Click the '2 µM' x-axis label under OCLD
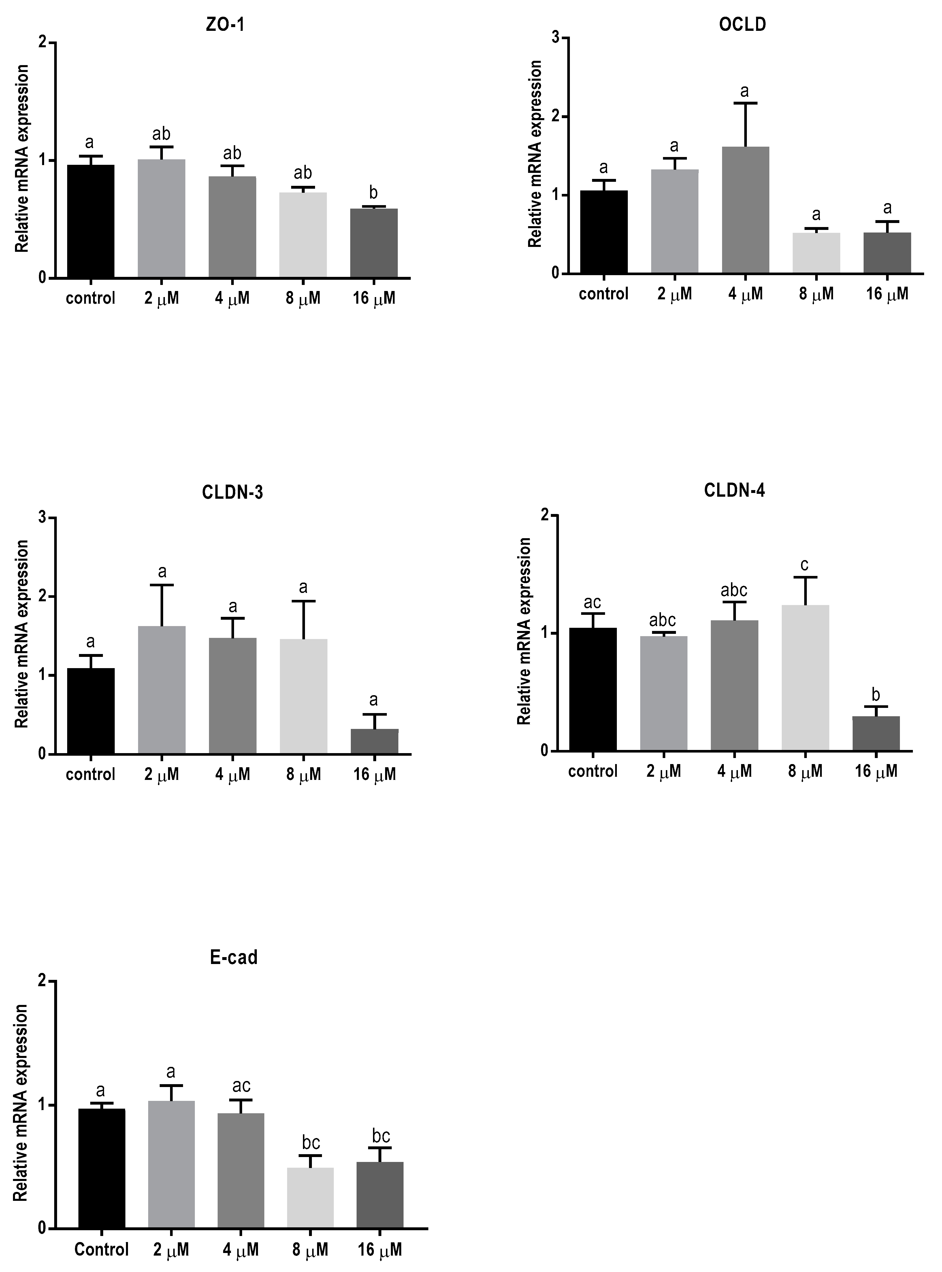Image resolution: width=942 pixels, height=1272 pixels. [675, 294]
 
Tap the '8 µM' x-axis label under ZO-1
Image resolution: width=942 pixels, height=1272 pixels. [303, 298]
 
